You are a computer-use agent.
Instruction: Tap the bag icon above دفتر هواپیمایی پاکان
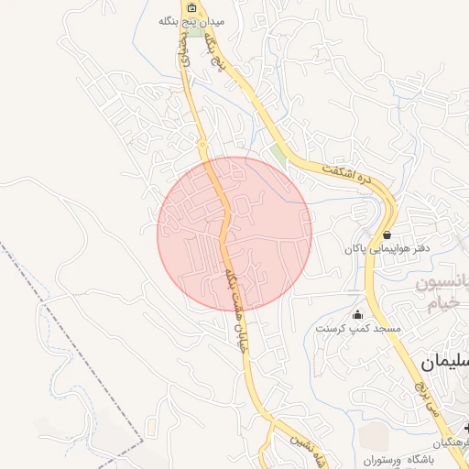(x=387, y=235)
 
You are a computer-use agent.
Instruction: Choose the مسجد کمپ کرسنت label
(x=353, y=327)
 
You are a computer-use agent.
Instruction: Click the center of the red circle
(x=234, y=233)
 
